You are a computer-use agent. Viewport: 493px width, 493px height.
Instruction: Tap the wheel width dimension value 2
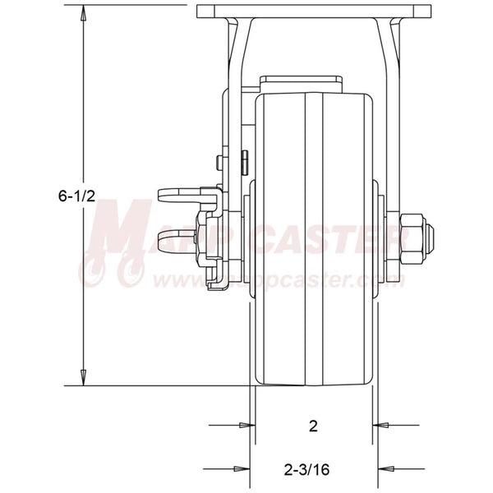(313, 426)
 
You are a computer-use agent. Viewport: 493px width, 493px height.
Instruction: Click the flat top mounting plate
(315, 12)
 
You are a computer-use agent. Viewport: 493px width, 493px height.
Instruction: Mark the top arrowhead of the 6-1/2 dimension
(83, 12)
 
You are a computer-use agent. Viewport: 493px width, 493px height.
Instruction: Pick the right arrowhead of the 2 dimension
(380, 425)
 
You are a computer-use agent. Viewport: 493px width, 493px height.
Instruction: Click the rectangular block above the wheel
(301, 85)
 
